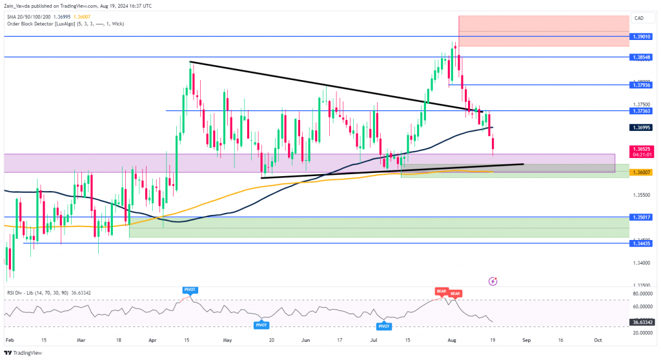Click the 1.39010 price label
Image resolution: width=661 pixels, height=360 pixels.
[643, 37]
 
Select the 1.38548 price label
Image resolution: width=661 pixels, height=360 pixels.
[643, 57]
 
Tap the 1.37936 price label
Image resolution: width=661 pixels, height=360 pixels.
[643, 85]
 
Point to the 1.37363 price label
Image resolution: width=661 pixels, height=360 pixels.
[643, 111]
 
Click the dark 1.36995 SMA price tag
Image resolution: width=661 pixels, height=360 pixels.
[643, 128]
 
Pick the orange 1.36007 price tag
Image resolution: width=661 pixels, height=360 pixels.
[643, 172]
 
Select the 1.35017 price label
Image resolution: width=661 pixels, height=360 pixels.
[643, 217]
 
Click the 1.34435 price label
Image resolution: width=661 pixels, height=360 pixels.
[643, 243]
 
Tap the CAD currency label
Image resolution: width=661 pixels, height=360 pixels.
[640, 18]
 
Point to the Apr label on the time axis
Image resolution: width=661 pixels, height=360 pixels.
[152, 339]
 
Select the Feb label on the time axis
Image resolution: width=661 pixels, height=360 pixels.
[7, 339]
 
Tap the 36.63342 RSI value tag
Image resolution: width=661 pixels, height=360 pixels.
[643, 322]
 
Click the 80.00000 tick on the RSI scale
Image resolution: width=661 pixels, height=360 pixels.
[643, 294]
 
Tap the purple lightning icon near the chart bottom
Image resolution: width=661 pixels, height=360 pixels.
[493, 281]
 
